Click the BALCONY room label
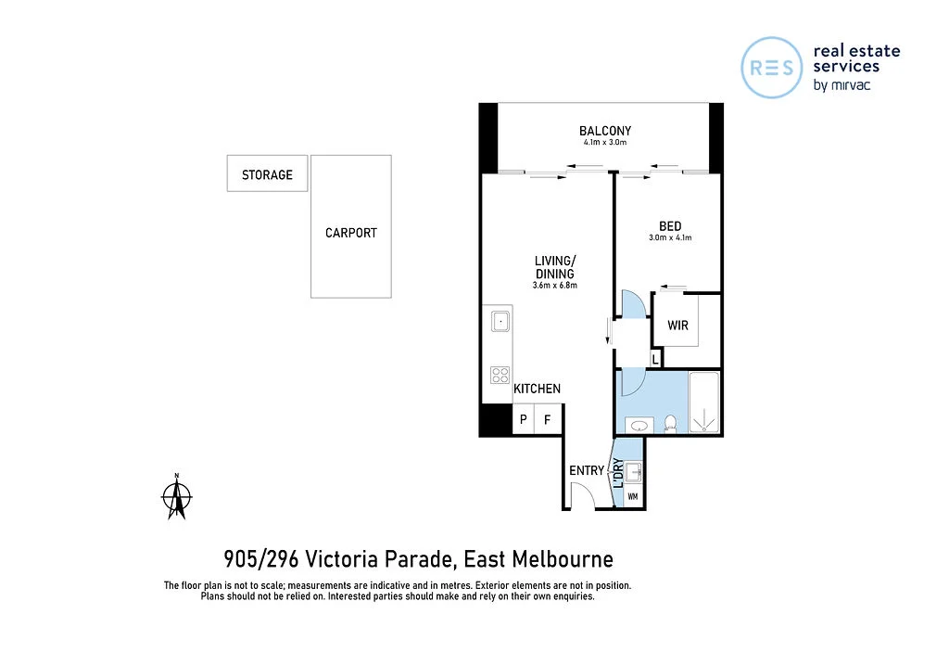point(604,131)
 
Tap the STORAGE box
point(267,174)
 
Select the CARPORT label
point(350,233)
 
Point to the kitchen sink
point(500,322)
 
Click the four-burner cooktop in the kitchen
point(500,375)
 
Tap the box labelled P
point(524,420)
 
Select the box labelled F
point(548,420)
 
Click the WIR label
point(677,326)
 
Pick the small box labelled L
point(656,358)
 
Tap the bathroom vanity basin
point(638,426)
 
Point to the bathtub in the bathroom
point(704,403)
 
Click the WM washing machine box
point(633,496)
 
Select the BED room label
point(670,226)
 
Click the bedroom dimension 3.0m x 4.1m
point(670,238)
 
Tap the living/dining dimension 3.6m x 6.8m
point(555,286)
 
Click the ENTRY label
point(586,471)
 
